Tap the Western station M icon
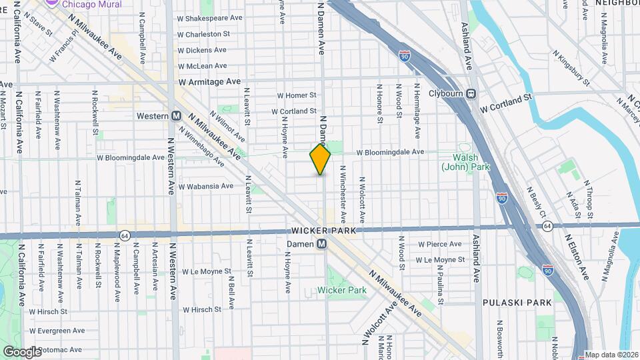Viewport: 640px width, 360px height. click(x=177, y=115)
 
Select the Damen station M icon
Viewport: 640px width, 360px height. click(x=322, y=244)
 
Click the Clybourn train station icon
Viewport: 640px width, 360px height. click(x=471, y=93)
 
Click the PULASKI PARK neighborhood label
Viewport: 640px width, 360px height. click(x=517, y=302)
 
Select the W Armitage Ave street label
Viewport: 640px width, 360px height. click(x=209, y=81)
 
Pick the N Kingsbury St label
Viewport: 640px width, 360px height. click(x=571, y=69)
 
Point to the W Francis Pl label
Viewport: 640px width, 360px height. click(x=64, y=48)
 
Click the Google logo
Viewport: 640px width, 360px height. click(x=22, y=351)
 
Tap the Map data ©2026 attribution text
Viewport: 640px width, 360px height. click(x=611, y=355)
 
